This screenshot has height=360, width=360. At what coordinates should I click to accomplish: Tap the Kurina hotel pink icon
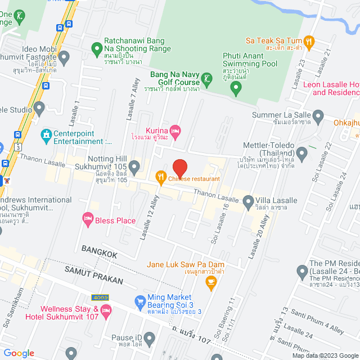(175, 130)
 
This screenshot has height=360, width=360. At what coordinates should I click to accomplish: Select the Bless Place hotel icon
(87, 218)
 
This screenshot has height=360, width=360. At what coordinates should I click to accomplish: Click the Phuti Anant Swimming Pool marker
(236, 87)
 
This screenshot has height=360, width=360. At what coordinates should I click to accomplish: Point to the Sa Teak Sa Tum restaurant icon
(308, 40)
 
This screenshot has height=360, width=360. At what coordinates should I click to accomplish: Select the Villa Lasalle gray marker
(248, 200)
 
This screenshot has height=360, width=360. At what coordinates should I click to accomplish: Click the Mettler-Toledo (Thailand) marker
(301, 152)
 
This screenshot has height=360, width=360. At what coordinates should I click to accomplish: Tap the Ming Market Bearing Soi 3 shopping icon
(141, 303)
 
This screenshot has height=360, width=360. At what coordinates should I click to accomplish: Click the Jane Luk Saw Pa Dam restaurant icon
(211, 282)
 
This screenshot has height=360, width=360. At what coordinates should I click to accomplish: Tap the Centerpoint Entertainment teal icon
(46, 135)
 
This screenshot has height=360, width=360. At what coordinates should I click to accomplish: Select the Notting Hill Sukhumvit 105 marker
(134, 166)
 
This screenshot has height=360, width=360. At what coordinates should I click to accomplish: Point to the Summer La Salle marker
(318, 117)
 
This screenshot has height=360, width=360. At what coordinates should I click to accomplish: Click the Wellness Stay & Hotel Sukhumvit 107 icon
(106, 310)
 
